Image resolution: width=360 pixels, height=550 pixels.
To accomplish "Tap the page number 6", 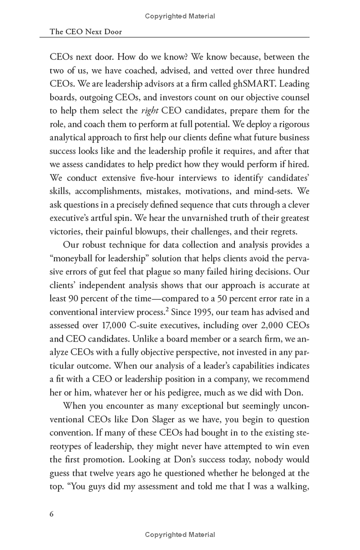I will pos(51,514).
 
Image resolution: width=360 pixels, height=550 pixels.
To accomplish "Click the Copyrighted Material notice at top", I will pos(180,16).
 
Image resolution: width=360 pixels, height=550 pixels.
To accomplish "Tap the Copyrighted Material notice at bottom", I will pos(180,535).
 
